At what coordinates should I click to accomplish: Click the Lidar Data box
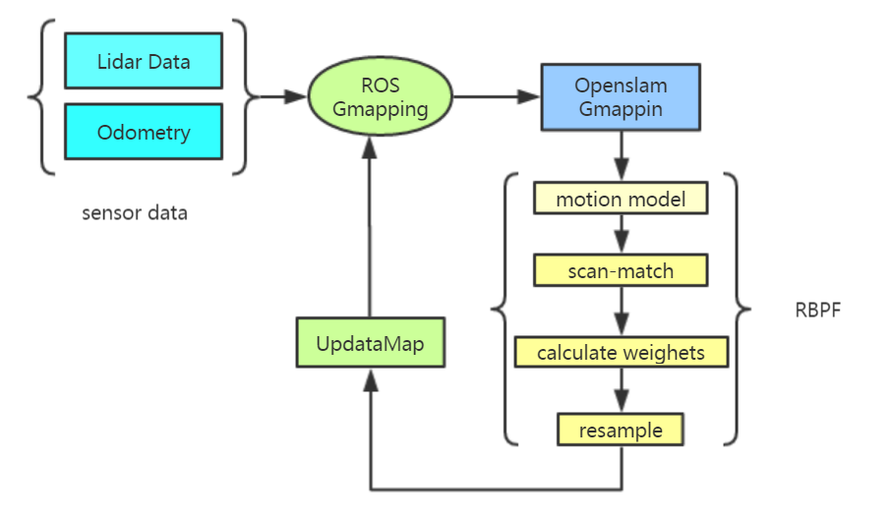(x=144, y=61)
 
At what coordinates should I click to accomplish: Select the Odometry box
(x=144, y=132)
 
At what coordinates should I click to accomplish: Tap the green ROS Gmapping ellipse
(x=380, y=97)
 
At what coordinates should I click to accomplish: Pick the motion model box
(x=622, y=200)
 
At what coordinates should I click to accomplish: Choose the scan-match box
(x=622, y=270)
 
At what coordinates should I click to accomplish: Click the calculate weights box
(x=622, y=352)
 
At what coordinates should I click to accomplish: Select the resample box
(x=622, y=430)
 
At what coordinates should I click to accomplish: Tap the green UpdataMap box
(x=370, y=344)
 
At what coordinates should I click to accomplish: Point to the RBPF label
(x=818, y=311)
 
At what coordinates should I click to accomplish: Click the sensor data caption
(x=135, y=213)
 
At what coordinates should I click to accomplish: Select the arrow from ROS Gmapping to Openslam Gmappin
(x=497, y=97)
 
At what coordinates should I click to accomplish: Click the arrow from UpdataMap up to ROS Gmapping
(x=370, y=226)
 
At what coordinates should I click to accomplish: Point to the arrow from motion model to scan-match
(x=622, y=235)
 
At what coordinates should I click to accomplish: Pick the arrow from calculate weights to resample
(x=622, y=391)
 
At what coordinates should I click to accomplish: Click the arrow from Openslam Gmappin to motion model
(x=622, y=152)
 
